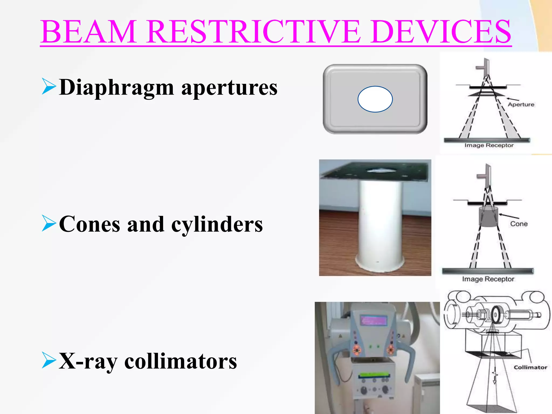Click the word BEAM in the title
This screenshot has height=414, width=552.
coord(88,32)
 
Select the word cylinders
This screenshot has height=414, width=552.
coord(217,225)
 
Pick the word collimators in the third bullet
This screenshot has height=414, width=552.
coord(181,361)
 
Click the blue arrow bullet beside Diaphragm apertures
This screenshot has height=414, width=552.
coord(49,86)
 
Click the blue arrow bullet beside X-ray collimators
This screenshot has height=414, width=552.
coord(49,360)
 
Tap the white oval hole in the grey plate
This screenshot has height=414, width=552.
coord(375,99)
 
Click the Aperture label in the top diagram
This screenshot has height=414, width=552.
coord(521,105)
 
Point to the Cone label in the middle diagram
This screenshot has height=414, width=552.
coord(519,224)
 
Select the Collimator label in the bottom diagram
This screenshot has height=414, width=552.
coord(530,367)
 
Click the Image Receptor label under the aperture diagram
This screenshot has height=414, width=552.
coord(489,146)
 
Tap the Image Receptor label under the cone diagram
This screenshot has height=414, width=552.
coord(488,279)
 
